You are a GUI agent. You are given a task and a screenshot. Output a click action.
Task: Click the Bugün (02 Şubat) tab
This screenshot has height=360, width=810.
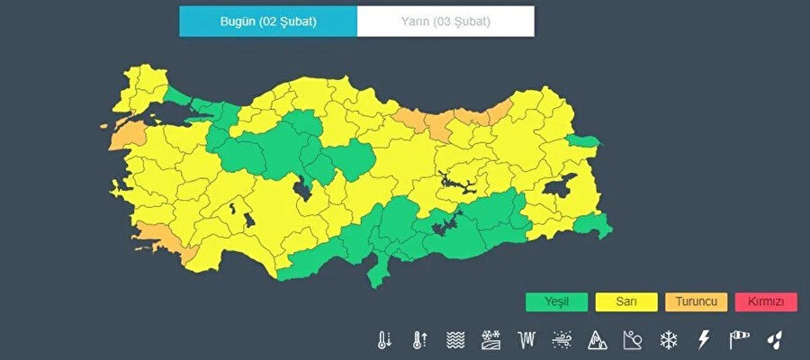268,22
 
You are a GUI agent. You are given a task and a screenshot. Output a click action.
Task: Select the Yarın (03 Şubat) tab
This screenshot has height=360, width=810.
445,22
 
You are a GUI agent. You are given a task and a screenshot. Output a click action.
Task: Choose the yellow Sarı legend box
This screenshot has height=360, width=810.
628,302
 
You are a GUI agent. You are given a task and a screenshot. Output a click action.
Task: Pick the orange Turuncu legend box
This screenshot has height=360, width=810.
697,302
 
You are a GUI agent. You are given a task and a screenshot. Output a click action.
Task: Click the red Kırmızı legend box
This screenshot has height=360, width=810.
766,302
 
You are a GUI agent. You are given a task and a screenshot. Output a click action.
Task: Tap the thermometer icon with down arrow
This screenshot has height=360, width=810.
385,340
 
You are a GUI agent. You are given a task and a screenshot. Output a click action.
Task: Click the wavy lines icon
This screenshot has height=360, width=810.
455,340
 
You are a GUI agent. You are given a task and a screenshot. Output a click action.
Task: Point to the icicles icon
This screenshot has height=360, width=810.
526,340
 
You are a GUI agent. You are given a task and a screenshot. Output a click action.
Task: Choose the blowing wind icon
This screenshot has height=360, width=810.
562,340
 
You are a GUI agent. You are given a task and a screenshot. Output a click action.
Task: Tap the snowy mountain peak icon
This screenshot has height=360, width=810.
598,340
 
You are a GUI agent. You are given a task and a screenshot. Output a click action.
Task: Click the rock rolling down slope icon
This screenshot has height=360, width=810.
633,340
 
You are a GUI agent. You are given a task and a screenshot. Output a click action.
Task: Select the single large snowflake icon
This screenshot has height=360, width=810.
668,340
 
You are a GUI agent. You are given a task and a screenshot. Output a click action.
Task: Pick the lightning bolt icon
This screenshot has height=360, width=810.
703,340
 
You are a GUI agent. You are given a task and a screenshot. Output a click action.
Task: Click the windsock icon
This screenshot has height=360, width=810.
739,340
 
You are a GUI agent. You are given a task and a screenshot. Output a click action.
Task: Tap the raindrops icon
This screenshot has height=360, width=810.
774,340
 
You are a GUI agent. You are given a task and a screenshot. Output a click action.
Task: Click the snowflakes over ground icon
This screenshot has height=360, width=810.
491,340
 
